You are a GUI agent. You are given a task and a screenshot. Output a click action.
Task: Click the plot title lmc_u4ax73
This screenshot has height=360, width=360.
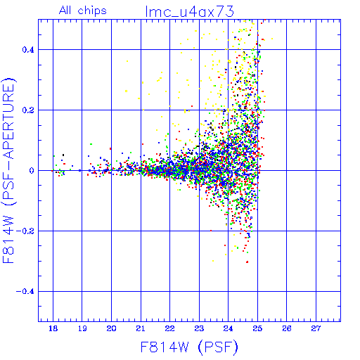coord(190,11)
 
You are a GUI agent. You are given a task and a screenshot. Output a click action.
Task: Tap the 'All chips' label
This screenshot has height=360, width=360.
coord(83,11)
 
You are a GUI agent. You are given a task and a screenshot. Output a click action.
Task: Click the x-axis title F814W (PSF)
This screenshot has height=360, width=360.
coord(189,347)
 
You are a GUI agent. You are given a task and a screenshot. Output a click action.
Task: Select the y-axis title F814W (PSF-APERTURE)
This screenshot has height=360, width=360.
coord(8,170)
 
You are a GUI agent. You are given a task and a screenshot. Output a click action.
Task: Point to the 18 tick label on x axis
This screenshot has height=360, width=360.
coord(53,328)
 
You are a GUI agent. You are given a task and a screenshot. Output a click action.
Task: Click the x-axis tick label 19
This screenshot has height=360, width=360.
coord(82,328)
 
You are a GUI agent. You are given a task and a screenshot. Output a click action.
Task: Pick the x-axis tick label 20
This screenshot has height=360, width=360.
coord(111,328)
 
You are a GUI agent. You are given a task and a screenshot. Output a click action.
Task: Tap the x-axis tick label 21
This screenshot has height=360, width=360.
coord(141,328)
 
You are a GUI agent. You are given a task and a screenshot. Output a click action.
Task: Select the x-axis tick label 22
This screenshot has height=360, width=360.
coord(169,328)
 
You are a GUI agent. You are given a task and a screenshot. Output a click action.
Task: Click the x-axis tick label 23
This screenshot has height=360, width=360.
coord(199,328)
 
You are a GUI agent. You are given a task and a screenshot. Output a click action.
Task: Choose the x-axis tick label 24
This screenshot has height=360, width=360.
coord(228,328)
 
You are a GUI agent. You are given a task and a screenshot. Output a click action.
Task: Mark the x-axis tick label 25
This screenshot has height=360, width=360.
coord(257,328)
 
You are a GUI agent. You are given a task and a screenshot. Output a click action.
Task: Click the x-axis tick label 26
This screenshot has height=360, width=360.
coord(287,328)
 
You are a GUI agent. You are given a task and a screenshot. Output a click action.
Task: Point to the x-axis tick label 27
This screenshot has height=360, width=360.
coord(316,328)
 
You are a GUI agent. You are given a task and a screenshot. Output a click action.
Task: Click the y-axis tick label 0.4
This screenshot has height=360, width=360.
coord(28,50)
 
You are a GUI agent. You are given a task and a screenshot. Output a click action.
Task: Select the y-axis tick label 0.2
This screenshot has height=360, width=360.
coord(28,110)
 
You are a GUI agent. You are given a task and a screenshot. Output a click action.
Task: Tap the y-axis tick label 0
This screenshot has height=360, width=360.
coord(32,171)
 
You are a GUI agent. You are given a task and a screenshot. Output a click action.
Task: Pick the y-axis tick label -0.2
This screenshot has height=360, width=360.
coord(25,231)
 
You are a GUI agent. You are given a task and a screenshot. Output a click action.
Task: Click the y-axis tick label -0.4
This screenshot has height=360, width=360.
coord(25,292)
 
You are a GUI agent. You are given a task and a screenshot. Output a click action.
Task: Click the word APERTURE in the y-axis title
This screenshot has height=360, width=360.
coord(8,122)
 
